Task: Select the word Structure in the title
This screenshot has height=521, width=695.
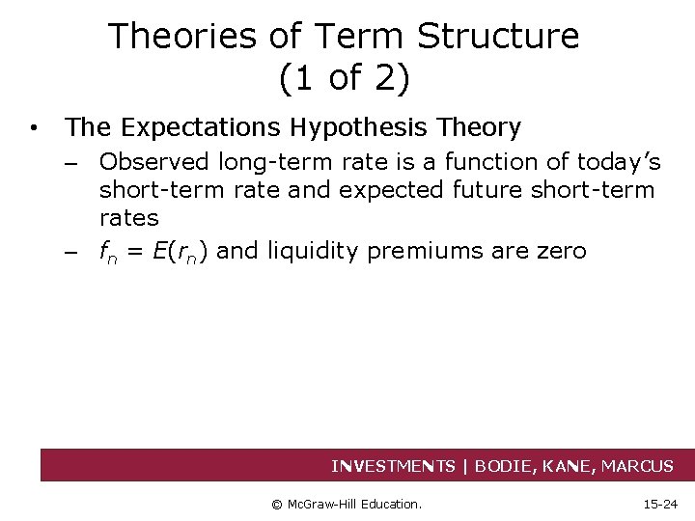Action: click(498, 37)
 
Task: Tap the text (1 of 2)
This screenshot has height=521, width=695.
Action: click(344, 78)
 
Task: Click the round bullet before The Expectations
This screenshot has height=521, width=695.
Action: click(34, 127)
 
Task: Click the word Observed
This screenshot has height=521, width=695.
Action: click(154, 162)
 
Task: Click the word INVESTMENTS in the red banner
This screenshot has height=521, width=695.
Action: click(393, 466)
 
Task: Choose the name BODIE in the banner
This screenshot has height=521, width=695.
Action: click(508, 466)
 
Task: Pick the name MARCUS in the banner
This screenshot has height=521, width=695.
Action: click(637, 466)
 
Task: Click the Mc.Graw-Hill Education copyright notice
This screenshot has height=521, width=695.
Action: click(347, 504)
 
